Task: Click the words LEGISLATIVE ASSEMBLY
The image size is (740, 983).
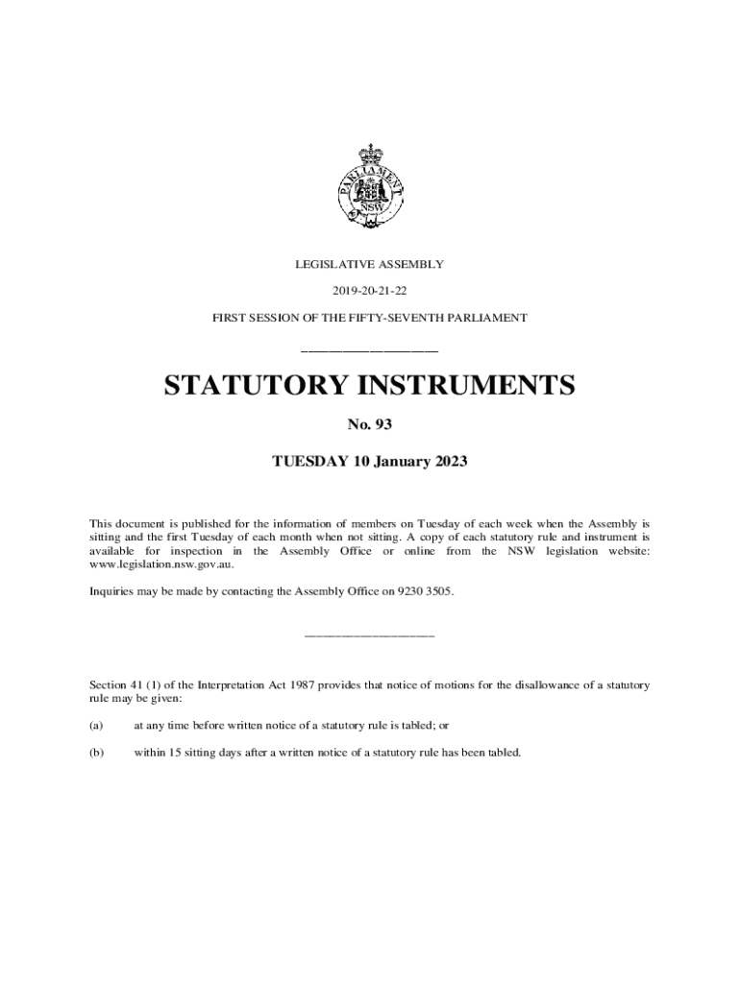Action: coord(369,263)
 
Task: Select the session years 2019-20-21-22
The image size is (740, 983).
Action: coord(369,290)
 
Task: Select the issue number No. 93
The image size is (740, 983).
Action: coord(369,424)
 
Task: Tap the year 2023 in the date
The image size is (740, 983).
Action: coord(450,462)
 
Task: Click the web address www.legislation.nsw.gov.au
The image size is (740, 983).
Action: coord(161,565)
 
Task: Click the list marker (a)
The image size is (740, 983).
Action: coord(96,727)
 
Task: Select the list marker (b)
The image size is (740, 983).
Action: coord(96,753)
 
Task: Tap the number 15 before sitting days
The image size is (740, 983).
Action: coord(174,753)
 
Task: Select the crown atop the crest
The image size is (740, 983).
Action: coord(369,154)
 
